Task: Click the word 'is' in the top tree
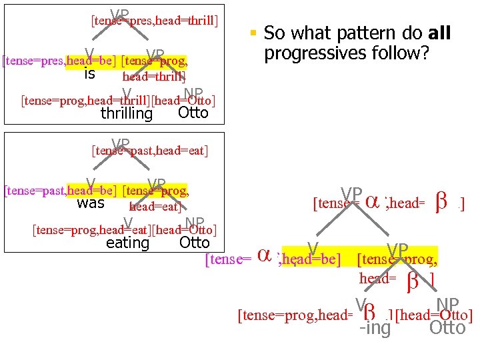pyautogui.click(x=89, y=75)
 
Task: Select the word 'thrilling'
pyautogui.click(x=127, y=114)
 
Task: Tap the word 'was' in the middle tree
pyautogui.click(x=91, y=203)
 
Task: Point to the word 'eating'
pyautogui.click(x=127, y=243)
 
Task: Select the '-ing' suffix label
pyautogui.click(x=375, y=329)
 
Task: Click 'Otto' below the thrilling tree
pyautogui.click(x=193, y=113)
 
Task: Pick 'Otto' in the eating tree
pyautogui.click(x=195, y=243)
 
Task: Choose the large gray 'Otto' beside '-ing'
pyautogui.click(x=447, y=328)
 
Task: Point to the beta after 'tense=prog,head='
pyautogui.click(x=372, y=312)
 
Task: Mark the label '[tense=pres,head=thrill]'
pyautogui.click(x=154, y=21)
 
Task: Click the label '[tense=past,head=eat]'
pyautogui.click(x=150, y=151)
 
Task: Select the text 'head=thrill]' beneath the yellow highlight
pyautogui.click(x=153, y=77)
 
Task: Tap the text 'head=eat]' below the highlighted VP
pyautogui.click(x=155, y=207)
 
